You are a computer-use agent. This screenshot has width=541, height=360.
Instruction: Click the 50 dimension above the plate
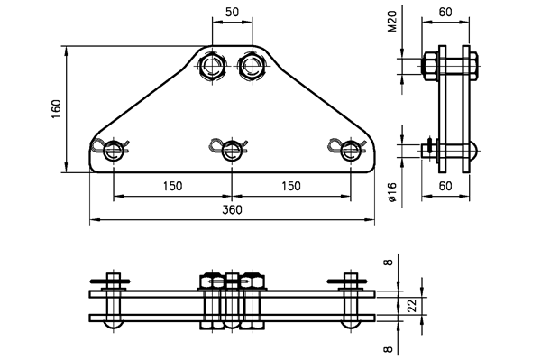[232, 12]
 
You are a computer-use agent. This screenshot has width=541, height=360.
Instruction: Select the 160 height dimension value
[56, 109]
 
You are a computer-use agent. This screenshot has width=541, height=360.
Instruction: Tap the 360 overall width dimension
[233, 210]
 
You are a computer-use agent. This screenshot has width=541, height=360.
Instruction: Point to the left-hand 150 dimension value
[172, 187]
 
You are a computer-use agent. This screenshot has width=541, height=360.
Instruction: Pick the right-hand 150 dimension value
[291, 187]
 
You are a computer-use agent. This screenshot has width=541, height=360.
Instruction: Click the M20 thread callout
[392, 22]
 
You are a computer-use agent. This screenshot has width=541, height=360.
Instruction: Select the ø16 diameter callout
[392, 192]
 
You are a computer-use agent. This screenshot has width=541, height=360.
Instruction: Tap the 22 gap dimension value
[413, 306]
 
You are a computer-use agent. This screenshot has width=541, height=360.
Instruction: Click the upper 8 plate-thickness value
[389, 263]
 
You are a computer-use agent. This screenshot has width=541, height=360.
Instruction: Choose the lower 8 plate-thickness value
[389, 349]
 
